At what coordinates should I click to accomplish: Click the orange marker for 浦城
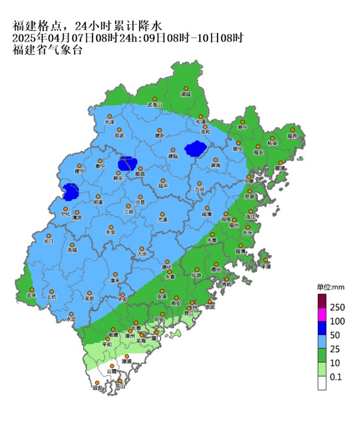(x=186, y=88)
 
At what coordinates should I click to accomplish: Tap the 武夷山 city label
(x=154, y=105)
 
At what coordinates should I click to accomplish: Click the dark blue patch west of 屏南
(x=195, y=149)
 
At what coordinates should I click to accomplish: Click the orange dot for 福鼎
(x=293, y=130)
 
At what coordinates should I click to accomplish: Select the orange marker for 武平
(x=32, y=289)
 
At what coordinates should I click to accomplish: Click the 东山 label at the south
(x=120, y=386)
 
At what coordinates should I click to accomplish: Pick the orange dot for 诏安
(x=97, y=382)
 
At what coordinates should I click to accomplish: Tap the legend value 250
(x=337, y=308)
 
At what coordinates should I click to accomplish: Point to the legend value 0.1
(x=336, y=377)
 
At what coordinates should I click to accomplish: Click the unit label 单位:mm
(x=330, y=287)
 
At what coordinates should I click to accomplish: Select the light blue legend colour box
(x=322, y=342)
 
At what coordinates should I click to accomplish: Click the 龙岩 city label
(x=89, y=298)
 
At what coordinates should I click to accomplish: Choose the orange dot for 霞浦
(x=280, y=163)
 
